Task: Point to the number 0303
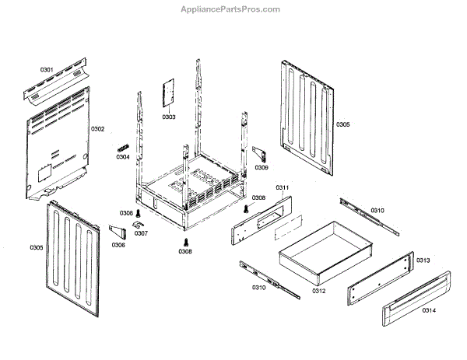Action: click(169, 117)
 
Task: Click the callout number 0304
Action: click(123, 157)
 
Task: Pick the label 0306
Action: click(118, 245)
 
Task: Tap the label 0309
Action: click(262, 167)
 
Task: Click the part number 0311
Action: click(282, 188)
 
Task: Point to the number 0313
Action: click(423, 260)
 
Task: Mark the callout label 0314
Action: click(429, 310)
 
